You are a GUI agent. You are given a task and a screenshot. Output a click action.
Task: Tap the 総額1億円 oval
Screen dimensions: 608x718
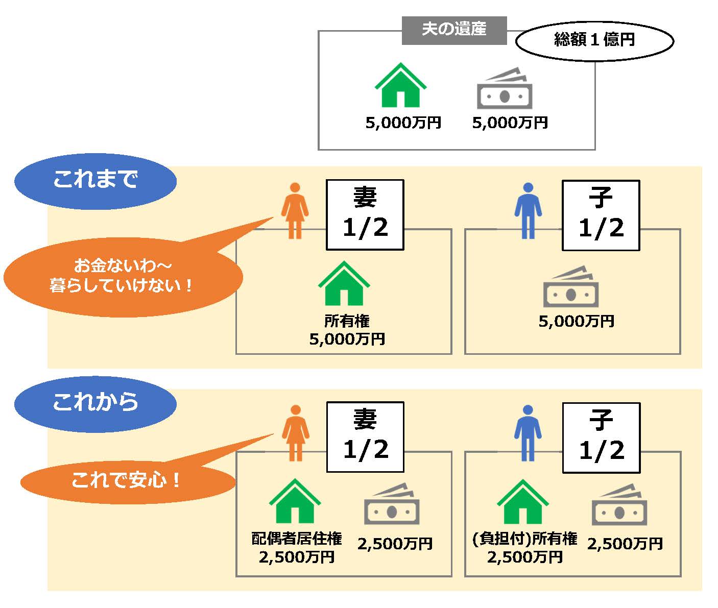tap(594, 40)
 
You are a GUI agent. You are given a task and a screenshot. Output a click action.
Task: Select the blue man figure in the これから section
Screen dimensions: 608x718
tap(528, 433)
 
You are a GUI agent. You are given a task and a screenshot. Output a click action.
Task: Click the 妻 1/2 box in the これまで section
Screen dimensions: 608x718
tap(365, 214)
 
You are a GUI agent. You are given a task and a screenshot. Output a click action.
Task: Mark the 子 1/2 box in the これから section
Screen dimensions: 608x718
tap(601, 437)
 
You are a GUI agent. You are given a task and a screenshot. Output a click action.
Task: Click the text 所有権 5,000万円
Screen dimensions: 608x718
tap(347, 330)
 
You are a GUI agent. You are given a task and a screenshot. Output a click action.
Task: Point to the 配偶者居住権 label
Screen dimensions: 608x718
tap(297, 539)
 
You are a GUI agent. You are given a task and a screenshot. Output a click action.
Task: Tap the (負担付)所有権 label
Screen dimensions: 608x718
tap(525, 539)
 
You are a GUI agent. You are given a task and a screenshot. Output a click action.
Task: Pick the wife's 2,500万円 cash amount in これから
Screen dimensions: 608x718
tap(395, 544)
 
